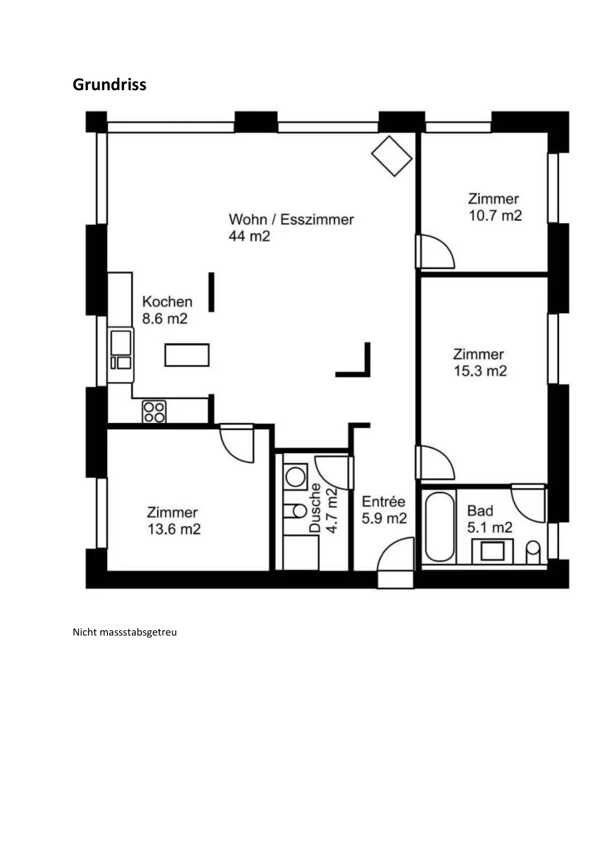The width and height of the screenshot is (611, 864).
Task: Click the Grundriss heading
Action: pyautogui.click(x=110, y=84)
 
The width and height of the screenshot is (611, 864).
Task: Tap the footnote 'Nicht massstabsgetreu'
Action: pyautogui.click(x=125, y=632)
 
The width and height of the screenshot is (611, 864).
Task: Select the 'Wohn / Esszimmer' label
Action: pyautogui.click(x=291, y=219)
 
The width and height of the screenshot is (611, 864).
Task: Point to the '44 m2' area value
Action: pyautogui.click(x=249, y=236)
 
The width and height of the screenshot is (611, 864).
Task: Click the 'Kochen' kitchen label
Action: pyautogui.click(x=167, y=302)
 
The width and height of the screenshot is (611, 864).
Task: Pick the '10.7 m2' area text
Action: pyautogui.click(x=495, y=215)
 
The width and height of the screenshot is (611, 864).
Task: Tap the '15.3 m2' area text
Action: pyautogui.click(x=480, y=371)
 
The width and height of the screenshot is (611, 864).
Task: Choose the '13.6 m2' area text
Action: pyautogui.click(x=174, y=529)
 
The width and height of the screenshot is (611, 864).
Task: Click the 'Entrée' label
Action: pyautogui.click(x=384, y=502)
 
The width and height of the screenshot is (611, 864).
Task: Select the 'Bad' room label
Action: pyautogui.click(x=480, y=511)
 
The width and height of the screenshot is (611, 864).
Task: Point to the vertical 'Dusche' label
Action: pyautogui.click(x=315, y=508)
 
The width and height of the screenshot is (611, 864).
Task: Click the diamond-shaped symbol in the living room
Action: pyautogui.click(x=392, y=156)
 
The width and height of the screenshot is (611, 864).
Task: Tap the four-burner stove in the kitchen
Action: pyautogui.click(x=154, y=411)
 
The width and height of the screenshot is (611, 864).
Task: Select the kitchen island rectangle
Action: pyautogui.click(x=187, y=355)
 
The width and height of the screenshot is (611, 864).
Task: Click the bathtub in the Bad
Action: pyautogui.click(x=439, y=527)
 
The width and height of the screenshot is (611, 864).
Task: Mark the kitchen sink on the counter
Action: pyautogui.click(x=121, y=349)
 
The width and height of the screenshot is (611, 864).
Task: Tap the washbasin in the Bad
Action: pyautogui.click(x=493, y=551)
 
